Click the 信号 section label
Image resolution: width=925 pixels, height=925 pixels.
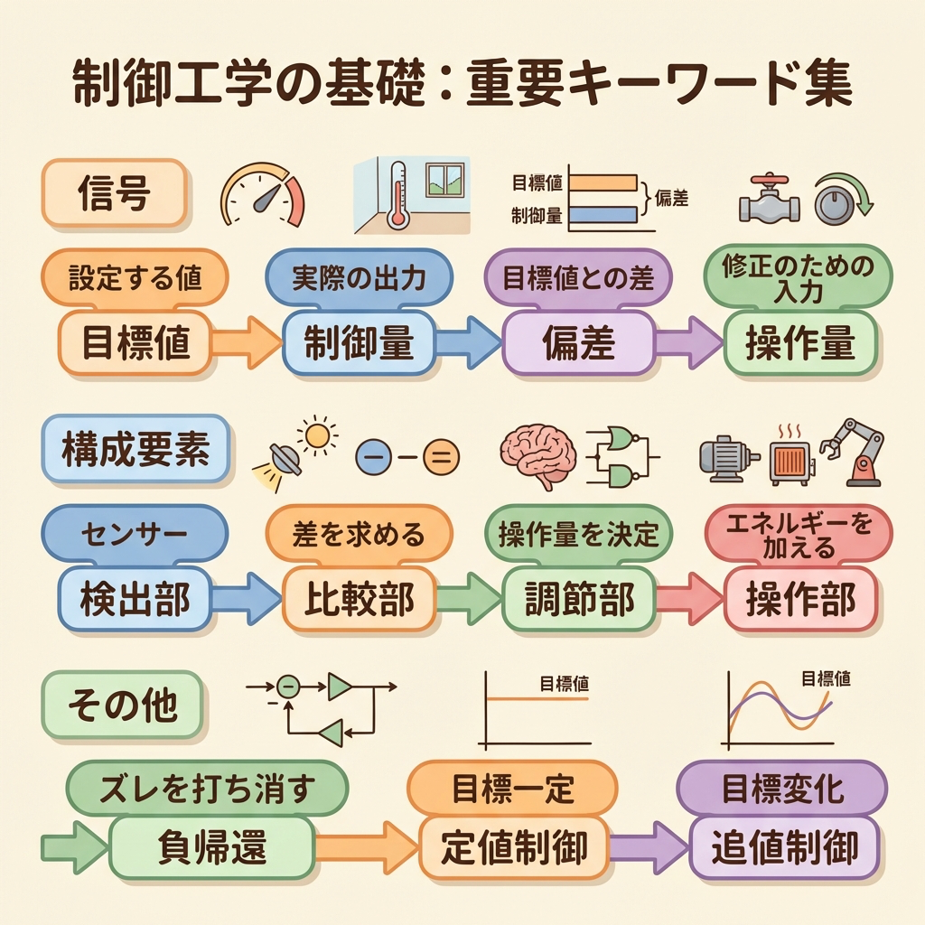click(x=114, y=192)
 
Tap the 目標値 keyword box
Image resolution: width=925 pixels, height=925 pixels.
click(x=135, y=344)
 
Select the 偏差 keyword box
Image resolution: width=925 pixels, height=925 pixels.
click(x=578, y=344)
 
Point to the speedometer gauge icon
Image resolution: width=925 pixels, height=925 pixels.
click(x=263, y=194)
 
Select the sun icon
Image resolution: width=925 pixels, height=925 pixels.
click(x=318, y=435)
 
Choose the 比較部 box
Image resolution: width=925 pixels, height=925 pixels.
click(x=359, y=598)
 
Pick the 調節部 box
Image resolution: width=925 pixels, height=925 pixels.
click(x=580, y=598)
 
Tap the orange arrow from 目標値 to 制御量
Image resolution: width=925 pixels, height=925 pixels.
click(x=247, y=343)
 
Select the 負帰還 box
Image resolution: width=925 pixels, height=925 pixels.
click(x=212, y=846)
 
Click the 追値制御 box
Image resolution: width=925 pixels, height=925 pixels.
click(x=783, y=846)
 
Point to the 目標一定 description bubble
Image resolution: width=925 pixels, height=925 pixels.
click(x=512, y=790)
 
